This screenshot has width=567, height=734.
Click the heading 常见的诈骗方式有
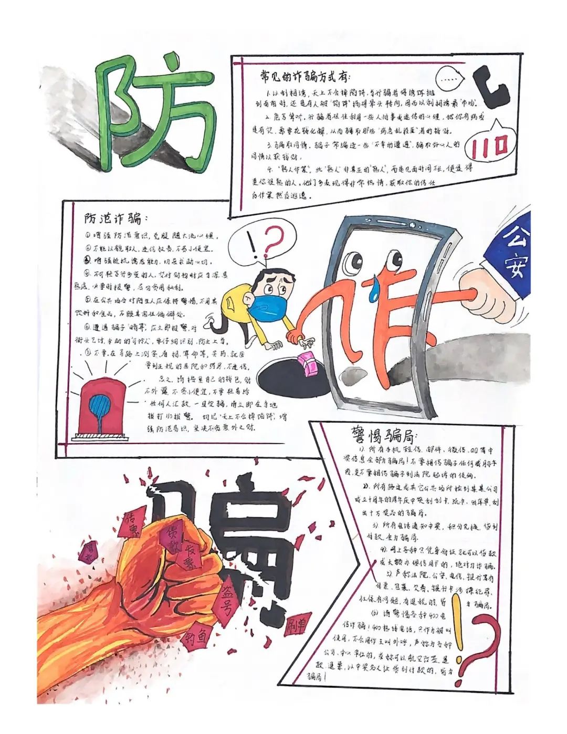coord(304,77)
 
